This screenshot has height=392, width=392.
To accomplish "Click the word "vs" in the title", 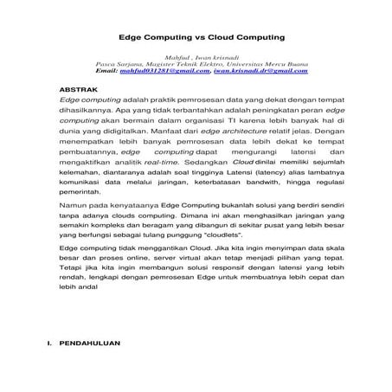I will coord(188,38).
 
